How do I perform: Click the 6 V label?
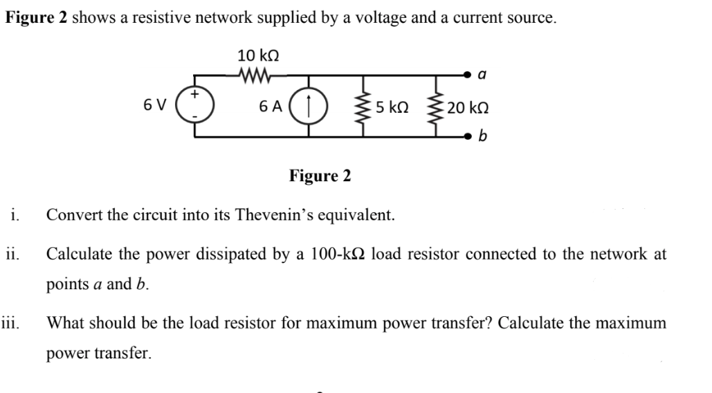click(155, 107)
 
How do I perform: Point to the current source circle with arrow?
click(305, 107)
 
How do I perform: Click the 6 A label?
click(270, 107)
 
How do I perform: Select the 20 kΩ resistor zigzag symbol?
click(437, 107)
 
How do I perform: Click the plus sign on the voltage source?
click(195, 93)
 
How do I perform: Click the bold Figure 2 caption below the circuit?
click(320, 176)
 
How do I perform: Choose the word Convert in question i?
click(71, 215)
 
